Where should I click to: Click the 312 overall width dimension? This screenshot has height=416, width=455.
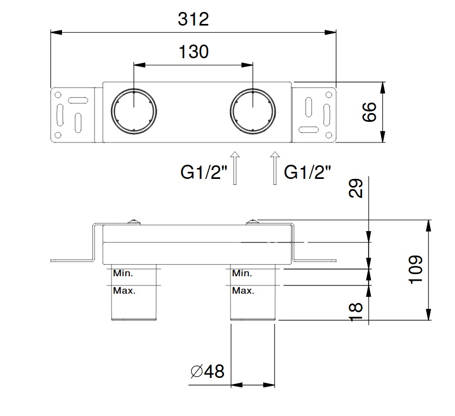tap(193, 20)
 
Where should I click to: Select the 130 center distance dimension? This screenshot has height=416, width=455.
tap(193, 52)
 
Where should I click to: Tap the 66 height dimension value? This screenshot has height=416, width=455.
tap(370, 113)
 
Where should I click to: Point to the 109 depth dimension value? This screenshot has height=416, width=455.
tap(415, 269)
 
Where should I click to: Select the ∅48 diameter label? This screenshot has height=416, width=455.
tap(208, 372)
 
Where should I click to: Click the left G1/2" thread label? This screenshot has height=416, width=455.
tap(204, 172)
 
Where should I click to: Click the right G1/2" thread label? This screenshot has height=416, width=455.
tap(308, 172)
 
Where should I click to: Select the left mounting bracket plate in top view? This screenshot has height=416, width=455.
tap(74, 113)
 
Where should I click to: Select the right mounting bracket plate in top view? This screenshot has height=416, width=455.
tap(314, 113)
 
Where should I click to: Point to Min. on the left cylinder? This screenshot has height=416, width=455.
tap(123, 274)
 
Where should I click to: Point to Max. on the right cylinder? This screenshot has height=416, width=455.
tap(243, 291)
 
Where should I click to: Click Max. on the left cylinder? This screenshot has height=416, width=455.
tap(124, 291)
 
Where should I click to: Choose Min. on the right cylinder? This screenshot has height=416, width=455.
tap(242, 274)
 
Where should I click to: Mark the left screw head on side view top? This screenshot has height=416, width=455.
tap(133, 221)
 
